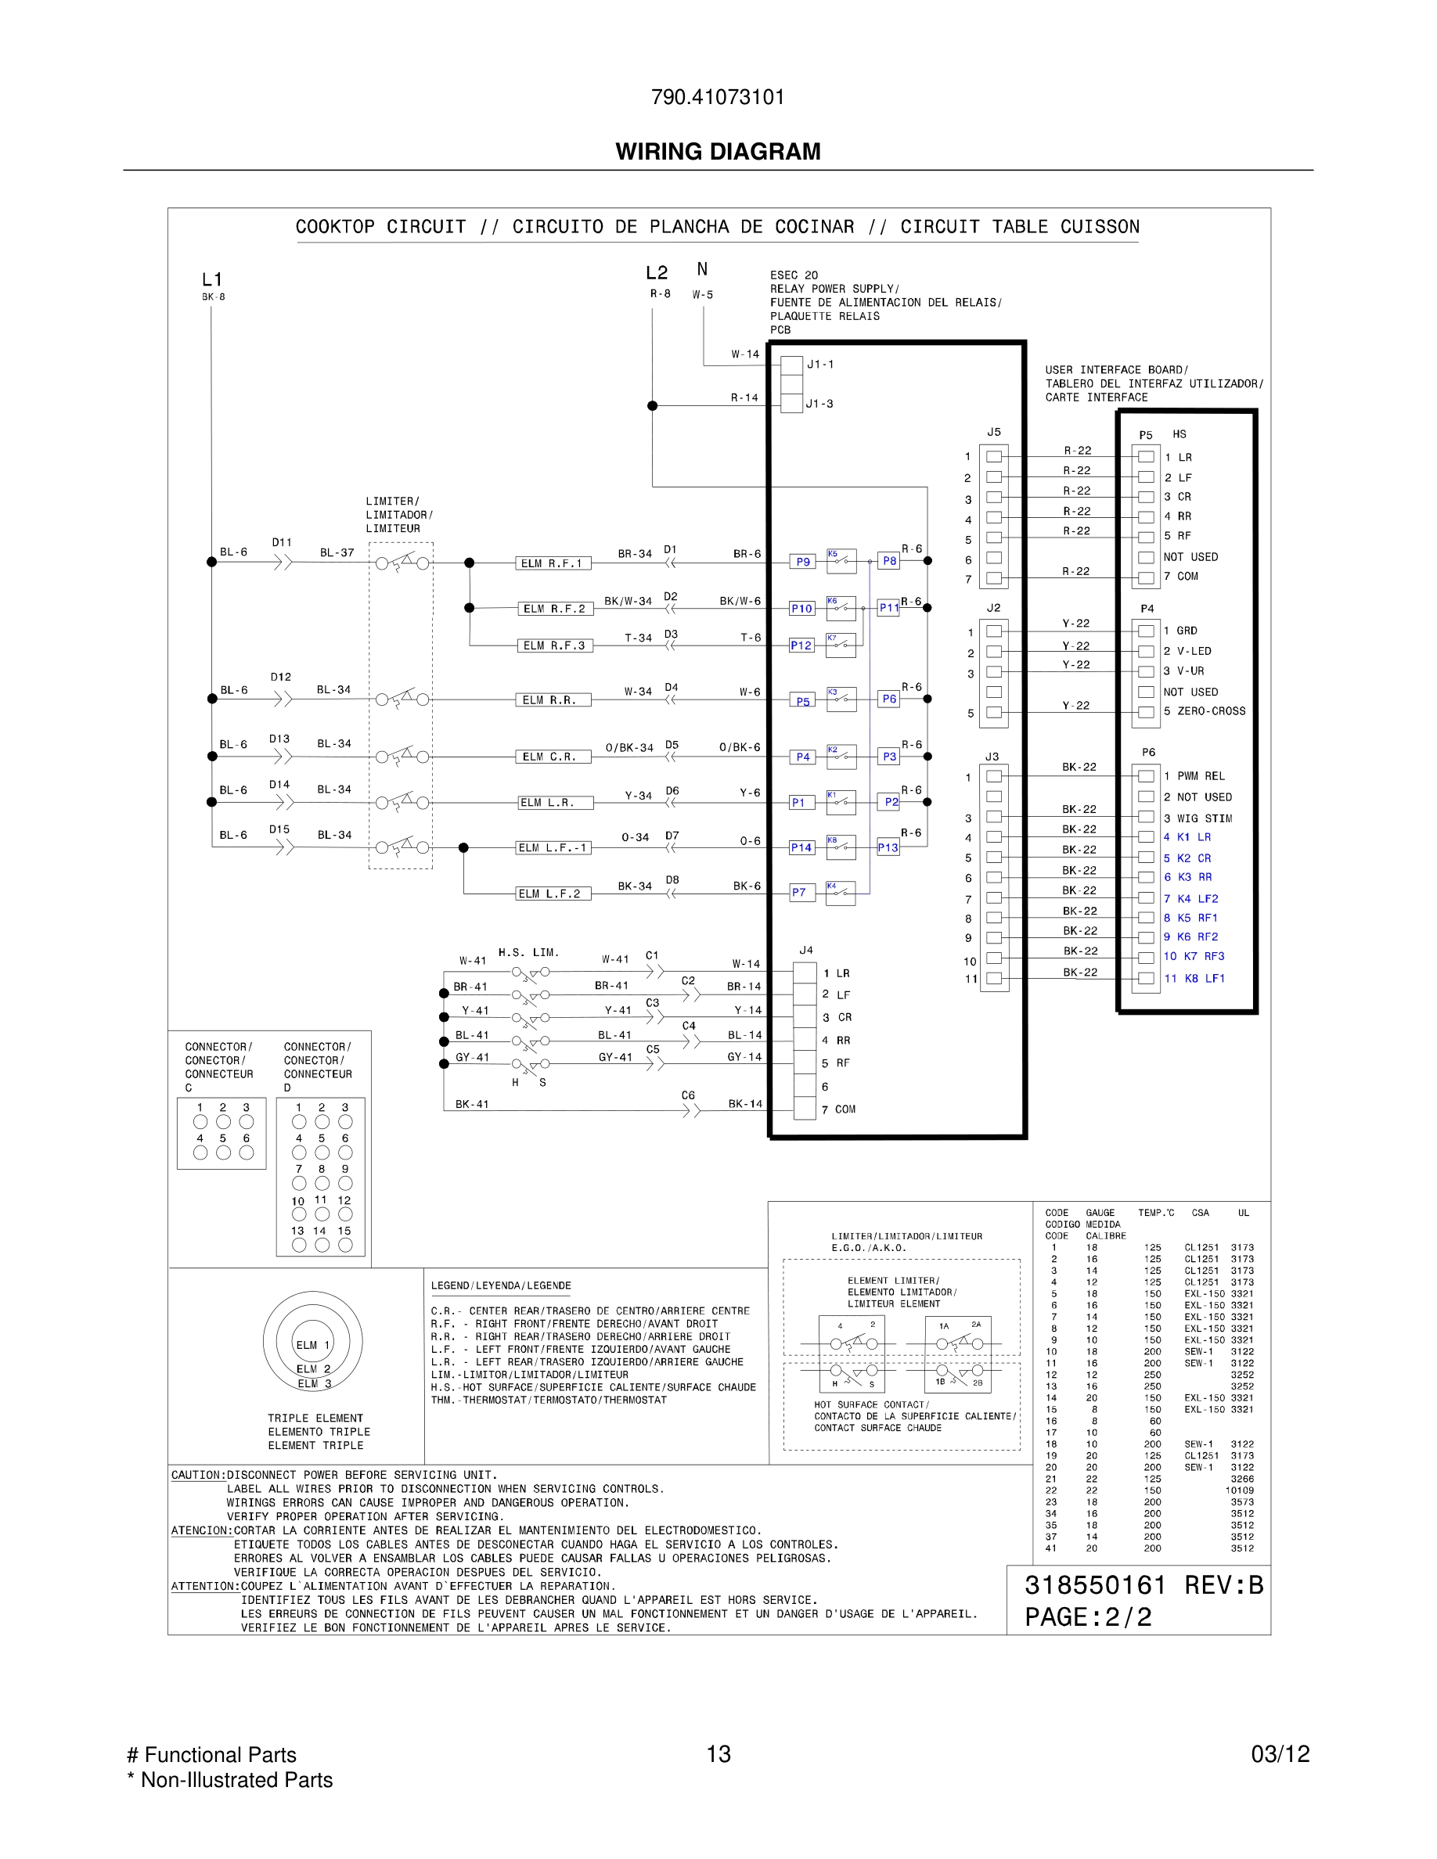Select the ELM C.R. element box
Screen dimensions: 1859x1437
tap(553, 757)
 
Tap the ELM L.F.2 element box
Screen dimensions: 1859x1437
tap(553, 894)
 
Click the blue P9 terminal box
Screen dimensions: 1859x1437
tap(803, 562)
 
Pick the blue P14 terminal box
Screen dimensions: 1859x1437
tap(801, 848)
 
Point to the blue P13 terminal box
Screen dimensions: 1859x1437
tap(888, 848)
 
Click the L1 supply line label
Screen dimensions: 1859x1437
tap(212, 279)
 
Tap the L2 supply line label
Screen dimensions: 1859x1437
tap(657, 273)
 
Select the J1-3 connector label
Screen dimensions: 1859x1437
tap(819, 404)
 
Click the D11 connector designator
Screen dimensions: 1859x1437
tap(282, 542)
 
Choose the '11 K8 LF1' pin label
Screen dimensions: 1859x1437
tap(1194, 979)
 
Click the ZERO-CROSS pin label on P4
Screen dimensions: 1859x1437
tap(1211, 711)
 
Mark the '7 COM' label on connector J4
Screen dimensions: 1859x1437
tap(838, 1109)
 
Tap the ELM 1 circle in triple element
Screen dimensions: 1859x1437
tap(312, 1345)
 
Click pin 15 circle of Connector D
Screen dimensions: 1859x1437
tap(345, 1246)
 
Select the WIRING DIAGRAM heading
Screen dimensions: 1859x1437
tap(718, 152)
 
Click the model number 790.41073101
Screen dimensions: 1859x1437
tap(718, 97)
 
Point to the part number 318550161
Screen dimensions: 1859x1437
tap(1095, 1586)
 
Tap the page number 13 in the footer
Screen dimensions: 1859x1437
tap(718, 1753)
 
